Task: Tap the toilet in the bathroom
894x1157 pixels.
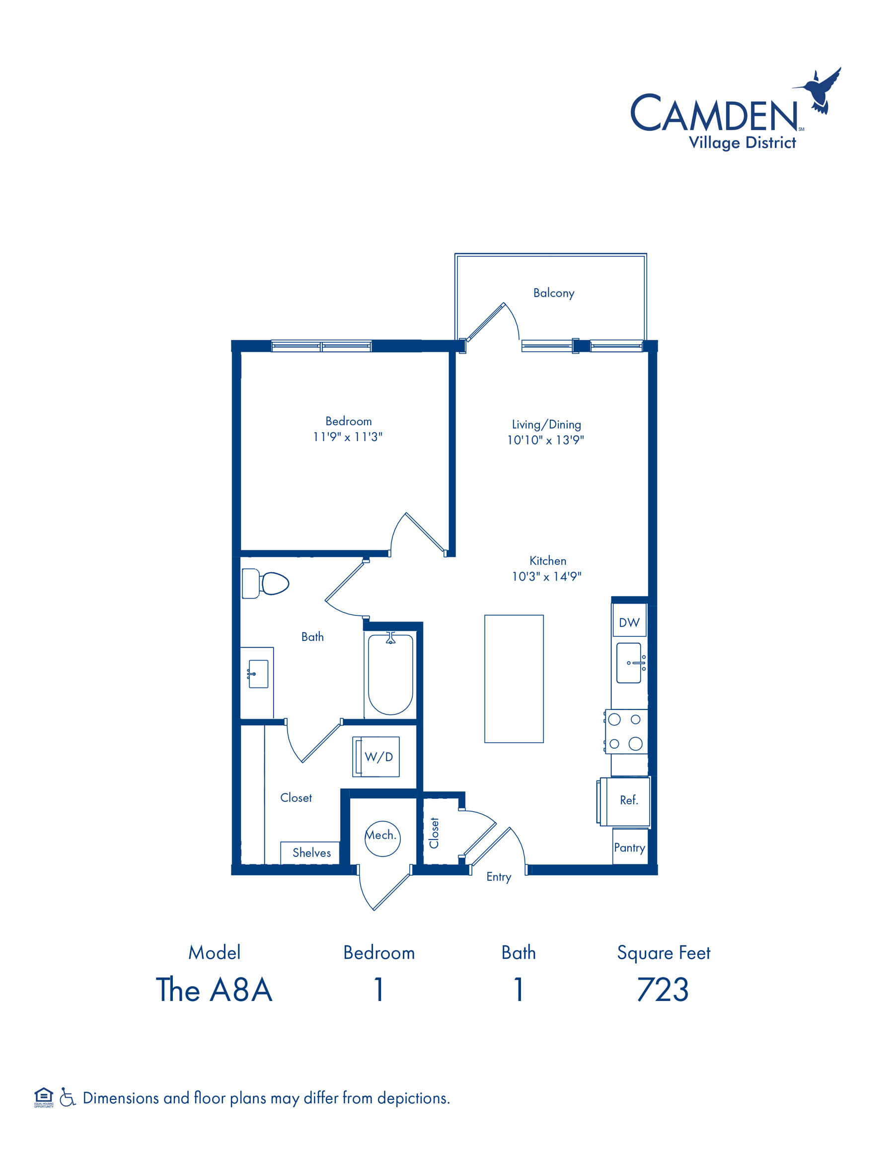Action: [x=265, y=584]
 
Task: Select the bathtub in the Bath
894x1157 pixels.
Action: [x=390, y=674]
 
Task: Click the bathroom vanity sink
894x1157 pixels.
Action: [x=258, y=674]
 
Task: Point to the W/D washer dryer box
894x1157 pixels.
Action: [x=376, y=757]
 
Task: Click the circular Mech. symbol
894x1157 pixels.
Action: [x=382, y=838]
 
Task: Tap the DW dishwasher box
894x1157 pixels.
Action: [x=629, y=622]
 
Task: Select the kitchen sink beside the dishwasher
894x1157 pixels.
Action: [x=631, y=663]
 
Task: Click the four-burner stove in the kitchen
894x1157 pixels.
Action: [x=626, y=732]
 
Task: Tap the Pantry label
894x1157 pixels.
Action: [x=629, y=848]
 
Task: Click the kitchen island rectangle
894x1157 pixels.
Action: [x=514, y=679]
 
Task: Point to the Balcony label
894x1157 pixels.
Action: [x=553, y=293]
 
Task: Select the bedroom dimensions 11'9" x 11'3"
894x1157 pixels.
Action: [x=348, y=437]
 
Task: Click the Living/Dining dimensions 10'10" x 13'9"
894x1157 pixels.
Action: [x=545, y=440]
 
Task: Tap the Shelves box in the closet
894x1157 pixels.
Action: [x=310, y=852]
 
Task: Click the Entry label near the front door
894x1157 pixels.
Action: [x=499, y=877]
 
